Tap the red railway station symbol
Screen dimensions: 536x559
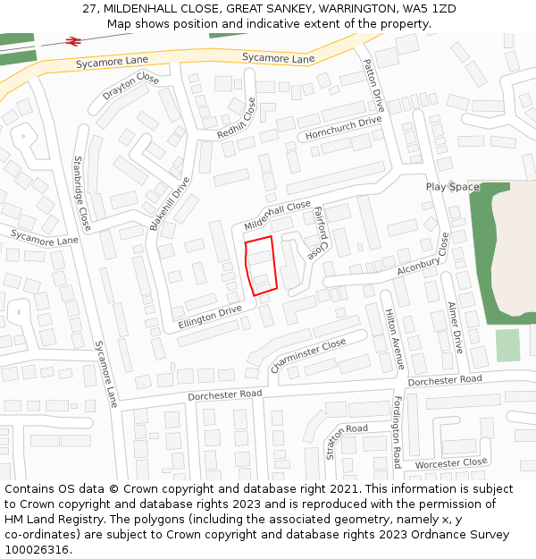[73, 41]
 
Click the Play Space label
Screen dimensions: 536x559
[452, 187]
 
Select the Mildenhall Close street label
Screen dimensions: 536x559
[277, 216]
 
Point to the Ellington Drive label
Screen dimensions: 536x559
[210, 316]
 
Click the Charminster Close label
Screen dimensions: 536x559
[307, 355]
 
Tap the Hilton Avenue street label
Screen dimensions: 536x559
[394, 339]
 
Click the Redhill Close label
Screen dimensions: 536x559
[237, 120]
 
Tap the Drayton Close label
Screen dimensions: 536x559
[130, 88]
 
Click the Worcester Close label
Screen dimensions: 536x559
[451, 463]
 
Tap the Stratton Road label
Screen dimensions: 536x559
[347, 441]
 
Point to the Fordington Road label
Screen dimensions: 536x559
[397, 432]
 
